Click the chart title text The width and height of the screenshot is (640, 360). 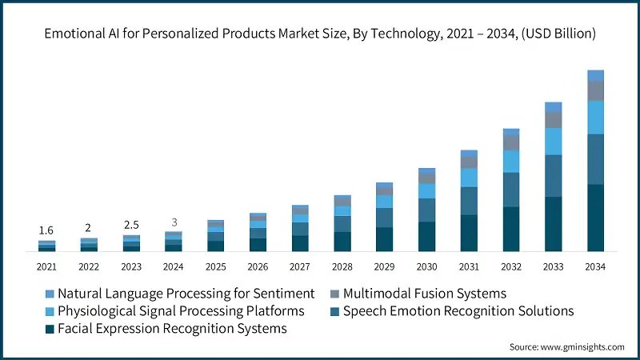[320, 34]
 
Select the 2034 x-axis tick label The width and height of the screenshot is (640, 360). [595, 266]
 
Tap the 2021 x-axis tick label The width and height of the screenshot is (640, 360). [46, 266]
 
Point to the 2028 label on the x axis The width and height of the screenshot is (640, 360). [342, 266]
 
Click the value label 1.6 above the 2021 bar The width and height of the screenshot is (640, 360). [46, 230]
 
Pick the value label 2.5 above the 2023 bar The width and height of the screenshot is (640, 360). [131, 224]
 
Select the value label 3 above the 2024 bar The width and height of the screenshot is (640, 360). [174, 222]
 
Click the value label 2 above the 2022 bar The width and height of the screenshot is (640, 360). [89, 227]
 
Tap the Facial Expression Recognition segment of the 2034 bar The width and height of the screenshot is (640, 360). [595, 218]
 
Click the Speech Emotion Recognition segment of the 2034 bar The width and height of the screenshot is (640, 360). [595, 159]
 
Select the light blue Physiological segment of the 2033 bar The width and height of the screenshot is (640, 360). [554, 142]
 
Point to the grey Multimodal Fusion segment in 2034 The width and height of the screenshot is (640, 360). [595, 91]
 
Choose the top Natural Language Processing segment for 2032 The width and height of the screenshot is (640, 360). [511, 132]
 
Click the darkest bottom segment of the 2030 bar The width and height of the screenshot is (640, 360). [426, 237]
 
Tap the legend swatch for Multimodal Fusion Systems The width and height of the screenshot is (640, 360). [335, 294]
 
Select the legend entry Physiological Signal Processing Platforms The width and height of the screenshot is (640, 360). [180, 310]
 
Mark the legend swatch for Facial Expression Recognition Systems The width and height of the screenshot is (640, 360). [50, 328]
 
